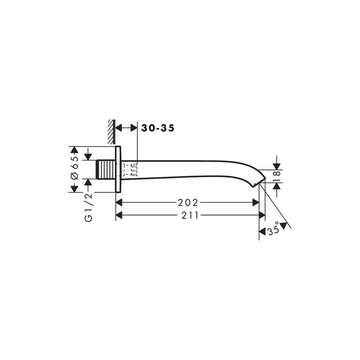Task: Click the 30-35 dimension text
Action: click(158, 128)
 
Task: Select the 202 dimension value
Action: click(189, 202)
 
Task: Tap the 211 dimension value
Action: click(190, 215)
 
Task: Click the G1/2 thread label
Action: click(88, 206)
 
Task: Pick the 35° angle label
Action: click(273, 231)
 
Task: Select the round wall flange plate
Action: click(118, 169)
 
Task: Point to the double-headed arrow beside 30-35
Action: click(126, 128)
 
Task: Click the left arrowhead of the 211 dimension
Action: click(119, 215)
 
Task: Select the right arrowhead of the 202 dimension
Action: click(256, 202)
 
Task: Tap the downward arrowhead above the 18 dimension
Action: click(276, 166)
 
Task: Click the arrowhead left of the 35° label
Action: click(262, 231)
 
